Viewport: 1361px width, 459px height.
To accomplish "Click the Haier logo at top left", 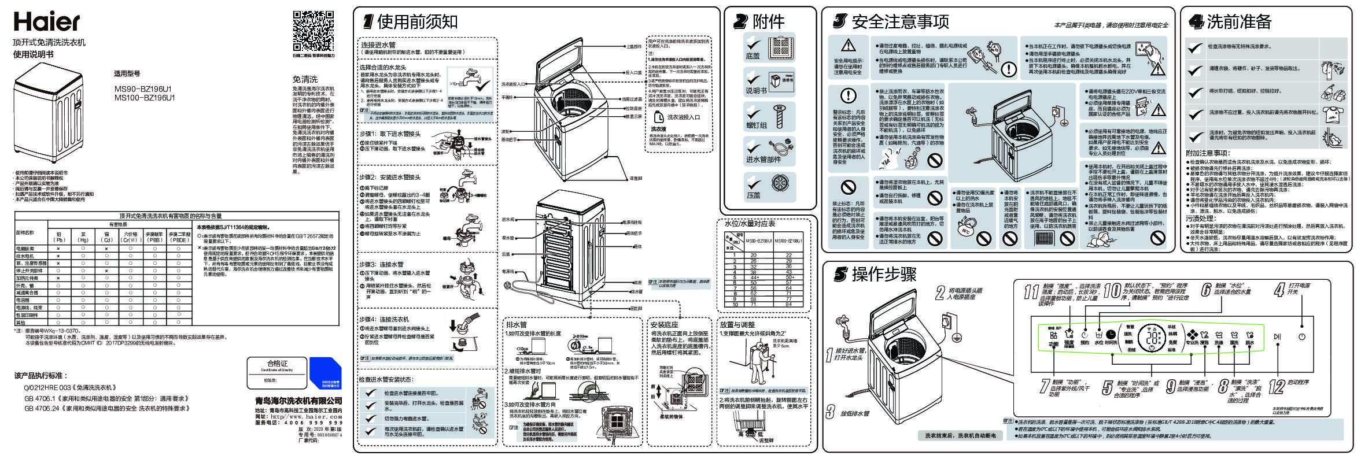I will [x=47, y=22].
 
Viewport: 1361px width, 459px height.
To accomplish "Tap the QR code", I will [x=313, y=31].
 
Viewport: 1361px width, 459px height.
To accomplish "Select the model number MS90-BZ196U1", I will [x=144, y=90].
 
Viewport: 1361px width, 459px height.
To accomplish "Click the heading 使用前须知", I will [x=417, y=22].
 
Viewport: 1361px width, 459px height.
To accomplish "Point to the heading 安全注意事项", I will [x=900, y=22].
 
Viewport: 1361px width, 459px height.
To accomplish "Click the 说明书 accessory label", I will [x=757, y=91].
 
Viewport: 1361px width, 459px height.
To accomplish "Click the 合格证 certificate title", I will [x=276, y=364].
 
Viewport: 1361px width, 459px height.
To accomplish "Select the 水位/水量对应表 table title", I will [x=750, y=223].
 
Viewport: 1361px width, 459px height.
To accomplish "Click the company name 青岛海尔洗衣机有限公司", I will [x=298, y=401].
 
